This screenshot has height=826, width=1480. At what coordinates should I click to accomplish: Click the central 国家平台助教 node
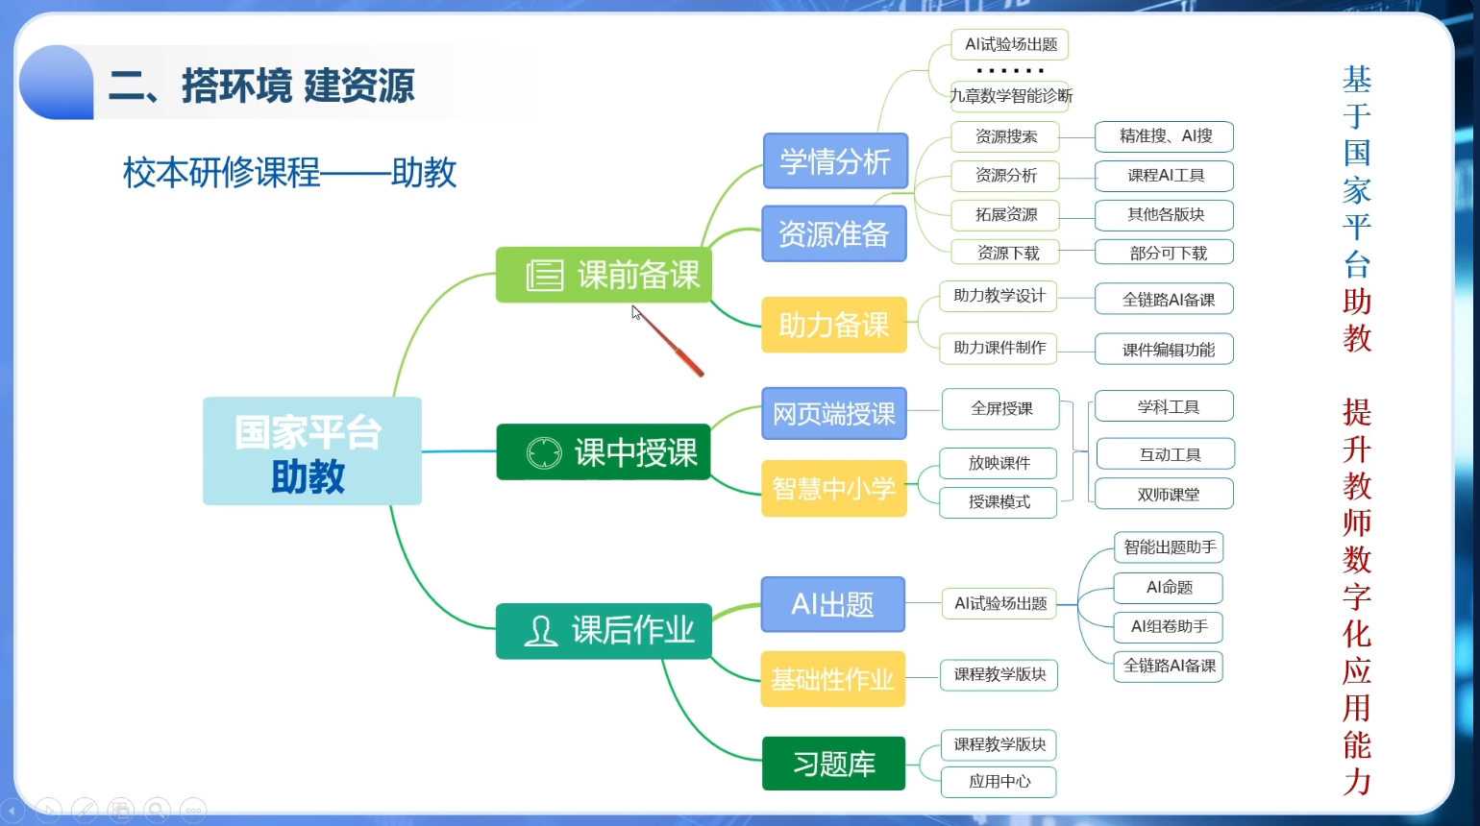[x=311, y=451]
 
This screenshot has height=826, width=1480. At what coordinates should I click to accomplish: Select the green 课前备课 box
[x=604, y=276]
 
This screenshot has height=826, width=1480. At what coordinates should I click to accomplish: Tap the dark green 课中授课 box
[x=604, y=452]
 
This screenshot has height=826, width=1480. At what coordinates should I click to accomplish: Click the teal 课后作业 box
[x=604, y=631]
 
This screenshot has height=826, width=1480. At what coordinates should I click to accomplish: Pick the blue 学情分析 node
[x=835, y=161]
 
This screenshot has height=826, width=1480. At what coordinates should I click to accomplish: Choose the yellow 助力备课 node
[x=833, y=325]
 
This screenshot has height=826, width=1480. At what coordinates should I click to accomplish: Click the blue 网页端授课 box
[x=833, y=414]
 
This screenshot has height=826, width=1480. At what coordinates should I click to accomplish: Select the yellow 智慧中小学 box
[x=833, y=489]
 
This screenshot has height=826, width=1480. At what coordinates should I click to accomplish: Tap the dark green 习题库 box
[x=833, y=764]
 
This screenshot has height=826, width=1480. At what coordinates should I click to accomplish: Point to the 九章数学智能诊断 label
[x=1010, y=96]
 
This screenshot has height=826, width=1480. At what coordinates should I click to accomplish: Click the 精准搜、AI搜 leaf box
[x=1164, y=136]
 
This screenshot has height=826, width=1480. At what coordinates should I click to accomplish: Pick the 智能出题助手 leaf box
[x=1169, y=547]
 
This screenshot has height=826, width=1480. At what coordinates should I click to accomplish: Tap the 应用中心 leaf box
[x=999, y=782]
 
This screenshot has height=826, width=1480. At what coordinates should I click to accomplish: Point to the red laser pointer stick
[x=671, y=344]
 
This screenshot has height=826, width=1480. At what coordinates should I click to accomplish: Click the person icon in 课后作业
[x=541, y=631]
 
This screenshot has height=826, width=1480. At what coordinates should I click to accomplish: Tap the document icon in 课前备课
[x=544, y=276]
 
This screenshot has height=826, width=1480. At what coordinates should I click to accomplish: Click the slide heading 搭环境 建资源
[x=261, y=86]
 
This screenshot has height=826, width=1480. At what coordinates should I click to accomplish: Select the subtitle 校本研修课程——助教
[x=289, y=173]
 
